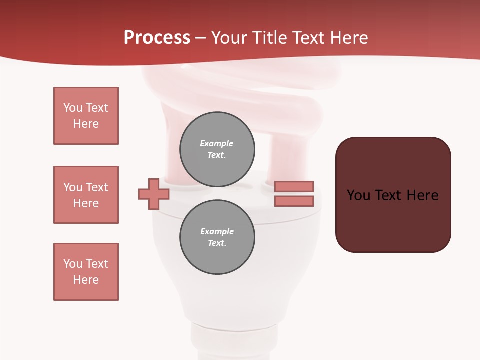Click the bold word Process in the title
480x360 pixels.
click(x=157, y=38)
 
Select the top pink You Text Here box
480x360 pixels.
click(x=86, y=116)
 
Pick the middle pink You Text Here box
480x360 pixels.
click(x=86, y=195)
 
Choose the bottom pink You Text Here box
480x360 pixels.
click(x=86, y=272)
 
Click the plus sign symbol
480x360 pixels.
click(x=154, y=194)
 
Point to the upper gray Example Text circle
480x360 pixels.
click(x=217, y=149)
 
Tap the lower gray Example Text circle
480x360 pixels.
click(x=217, y=237)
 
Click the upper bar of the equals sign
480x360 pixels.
click(x=294, y=186)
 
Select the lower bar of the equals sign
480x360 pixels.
click(x=294, y=201)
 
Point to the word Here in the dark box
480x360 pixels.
click(x=422, y=195)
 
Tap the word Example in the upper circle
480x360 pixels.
click(x=217, y=144)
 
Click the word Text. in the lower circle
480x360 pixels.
click(x=217, y=243)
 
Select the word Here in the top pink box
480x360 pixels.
click(x=86, y=124)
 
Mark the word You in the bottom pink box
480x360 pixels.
click(x=72, y=264)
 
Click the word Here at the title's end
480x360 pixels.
click(x=350, y=38)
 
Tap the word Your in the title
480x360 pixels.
click(x=229, y=38)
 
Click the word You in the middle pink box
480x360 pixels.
click(x=72, y=187)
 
